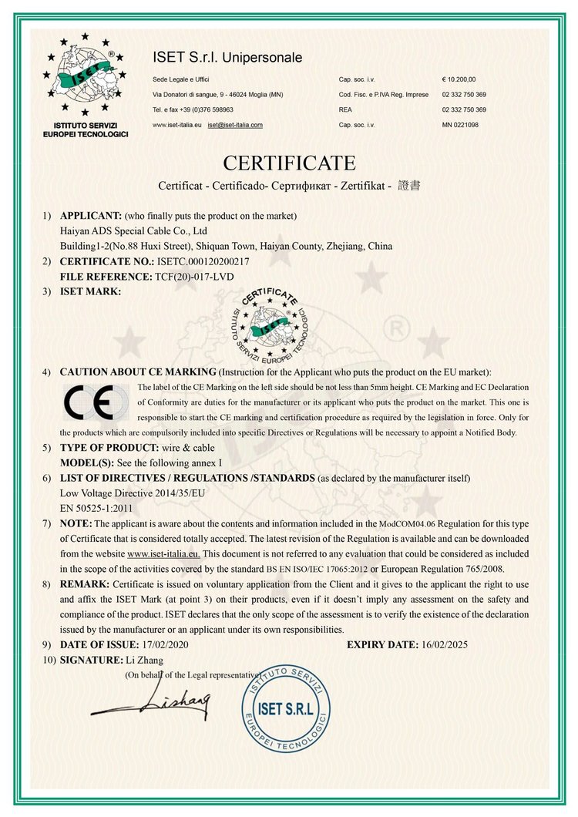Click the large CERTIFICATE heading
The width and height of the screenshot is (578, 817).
(x=289, y=163)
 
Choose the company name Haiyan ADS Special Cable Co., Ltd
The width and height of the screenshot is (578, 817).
(x=133, y=230)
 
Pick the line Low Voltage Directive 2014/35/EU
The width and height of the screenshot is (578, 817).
(x=128, y=494)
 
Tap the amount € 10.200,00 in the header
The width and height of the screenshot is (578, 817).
(x=459, y=79)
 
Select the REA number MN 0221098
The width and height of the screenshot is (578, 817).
(x=460, y=125)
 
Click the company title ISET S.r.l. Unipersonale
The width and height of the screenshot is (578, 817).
(x=227, y=58)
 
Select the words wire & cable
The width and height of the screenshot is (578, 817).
(x=179, y=447)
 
